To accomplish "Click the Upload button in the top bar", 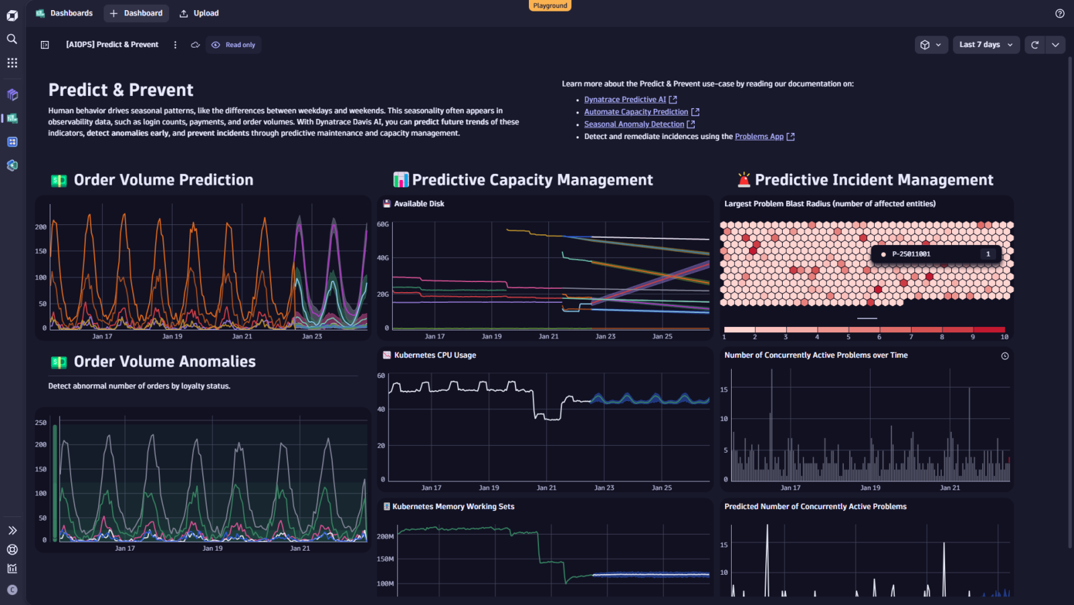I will pyautogui.click(x=199, y=13).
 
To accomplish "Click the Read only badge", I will pyautogui.click(x=234, y=45).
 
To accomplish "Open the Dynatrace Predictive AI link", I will pyautogui.click(x=625, y=99).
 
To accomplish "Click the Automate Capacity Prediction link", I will pyautogui.click(x=636, y=112).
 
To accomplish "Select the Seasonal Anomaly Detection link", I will pyautogui.click(x=634, y=124).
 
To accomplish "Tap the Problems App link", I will pyautogui.click(x=759, y=136).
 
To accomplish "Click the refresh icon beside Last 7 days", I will pyautogui.click(x=1034, y=45).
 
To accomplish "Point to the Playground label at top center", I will pyautogui.click(x=550, y=5).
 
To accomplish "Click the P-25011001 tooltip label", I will pyautogui.click(x=911, y=254).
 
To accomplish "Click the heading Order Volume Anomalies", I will pyautogui.click(x=164, y=362).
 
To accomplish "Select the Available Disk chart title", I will pyautogui.click(x=419, y=203).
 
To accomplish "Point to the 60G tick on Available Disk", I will pyautogui.click(x=383, y=224).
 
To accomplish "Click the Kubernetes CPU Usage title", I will pyautogui.click(x=435, y=355).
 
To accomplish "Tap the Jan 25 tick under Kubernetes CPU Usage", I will pyautogui.click(x=661, y=488).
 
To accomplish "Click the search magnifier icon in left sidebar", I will pyautogui.click(x=12, y=39).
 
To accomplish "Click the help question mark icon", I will pyautogui.click(x=1059, y=13).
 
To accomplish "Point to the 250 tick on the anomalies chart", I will pyautogui.click(x=41, y=422).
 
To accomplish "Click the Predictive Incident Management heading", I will pyautogui.click(x=873, y=180).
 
